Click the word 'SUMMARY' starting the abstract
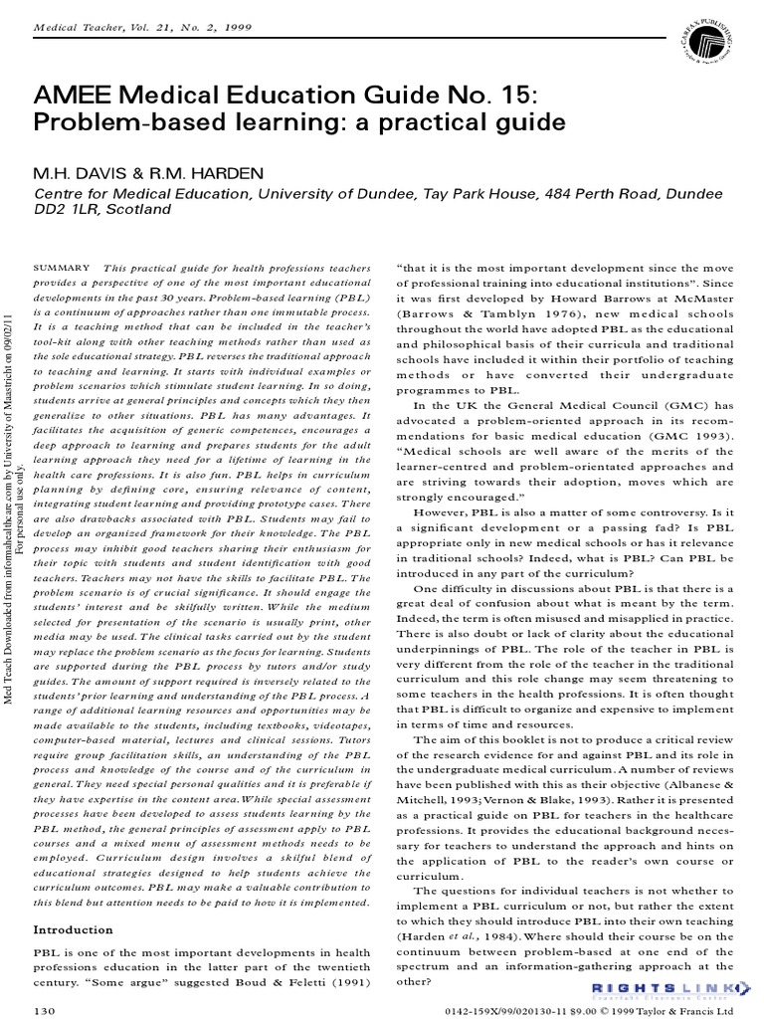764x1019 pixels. (x=63, y=268)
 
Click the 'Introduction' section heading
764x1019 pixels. (x=74, y=929)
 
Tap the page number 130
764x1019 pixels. (x=45, y=1010)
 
